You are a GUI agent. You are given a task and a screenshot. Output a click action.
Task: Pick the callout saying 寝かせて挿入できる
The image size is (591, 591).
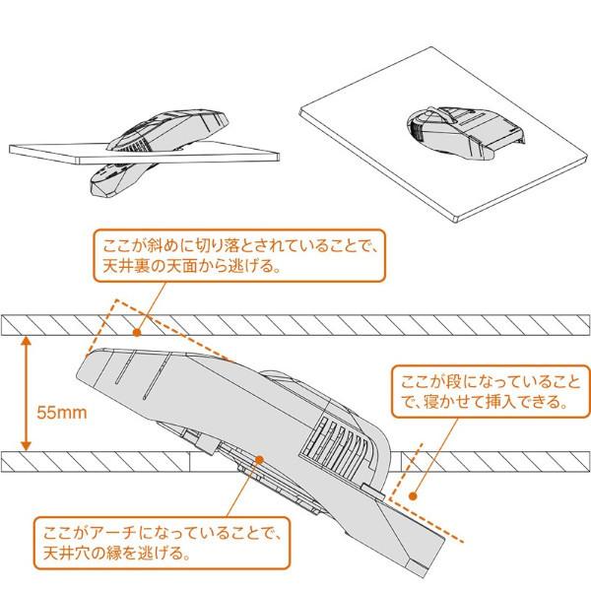click(484, 391)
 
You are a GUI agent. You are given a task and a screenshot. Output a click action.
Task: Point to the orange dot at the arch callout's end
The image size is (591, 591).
click(259, 459)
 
